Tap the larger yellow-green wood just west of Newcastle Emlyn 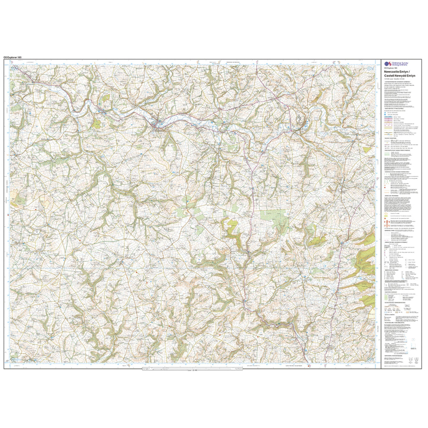(97, 124)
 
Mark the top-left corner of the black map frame (4, 60)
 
